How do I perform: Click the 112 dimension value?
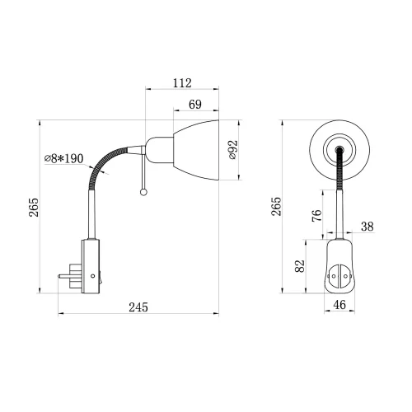(182, 82)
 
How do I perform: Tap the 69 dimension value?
(195, 105)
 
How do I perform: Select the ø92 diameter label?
(232, 150)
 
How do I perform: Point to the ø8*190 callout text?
(63, 158)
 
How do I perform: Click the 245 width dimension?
(138, 307)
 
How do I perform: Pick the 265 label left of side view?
(34, 208)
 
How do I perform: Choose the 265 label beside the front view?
(277, 206)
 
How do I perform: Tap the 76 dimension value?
(316, 216)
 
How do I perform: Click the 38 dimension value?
(368, 227)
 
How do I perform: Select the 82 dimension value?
(300, 266)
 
